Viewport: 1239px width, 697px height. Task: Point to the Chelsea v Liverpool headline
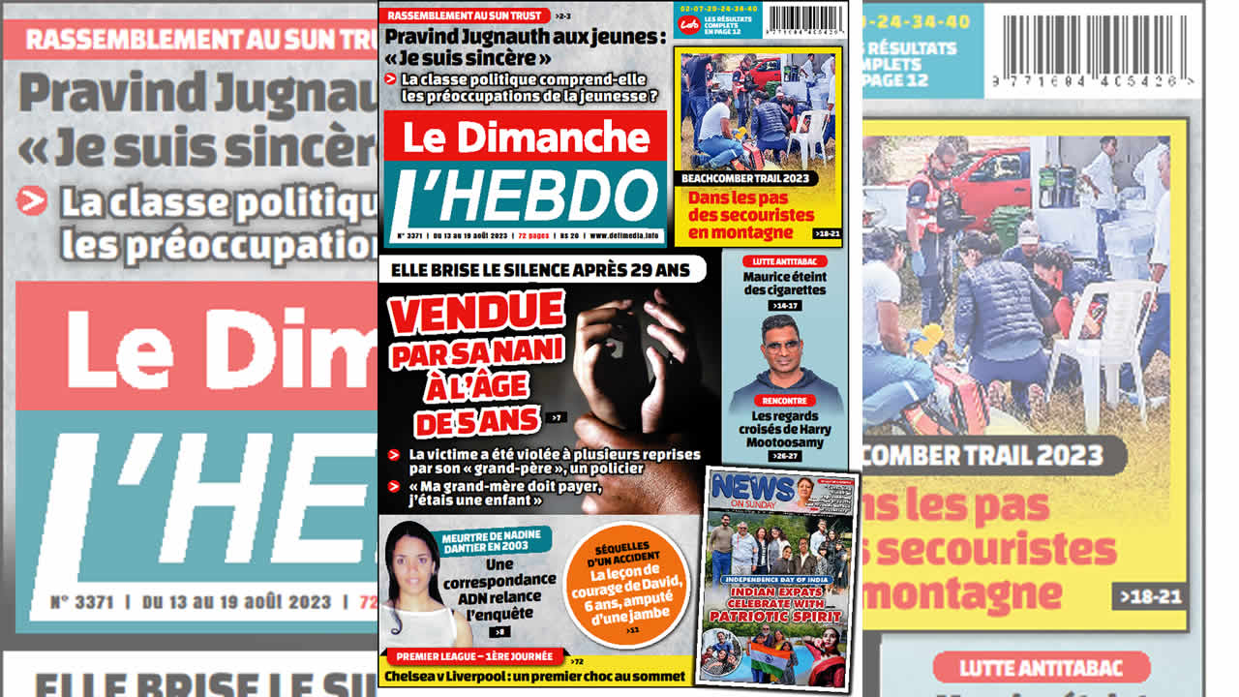535,676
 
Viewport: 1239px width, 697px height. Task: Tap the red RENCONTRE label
784,401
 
